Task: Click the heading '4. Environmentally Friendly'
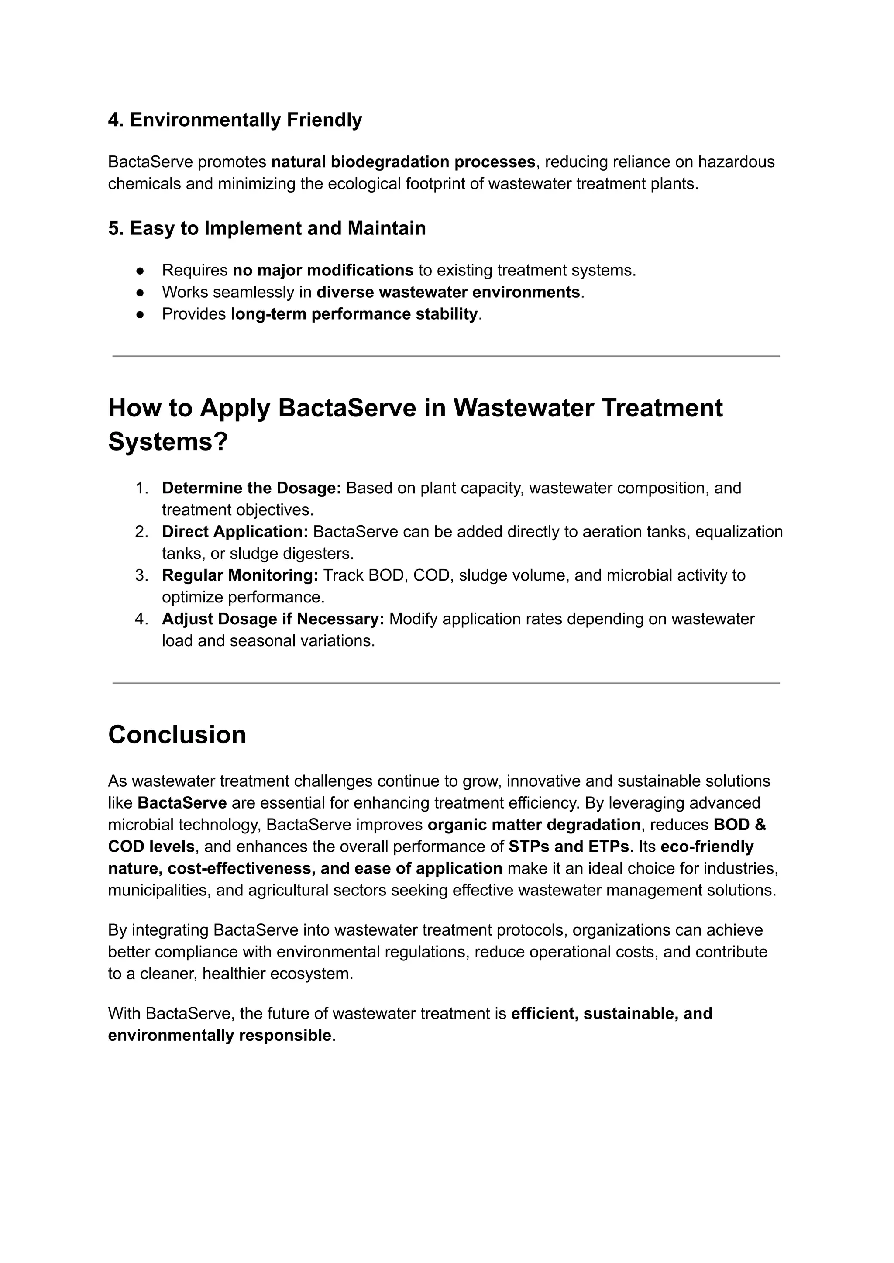pyautogui.click(x=234, y=120)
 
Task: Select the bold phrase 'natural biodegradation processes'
pyautogui.click(x=403, y=162)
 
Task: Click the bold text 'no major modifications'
pyautogui.click(x=323, y=270)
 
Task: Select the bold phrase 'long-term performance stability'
pyautogui.click(x=354, y=314)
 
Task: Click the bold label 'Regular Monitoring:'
pyautogui.click(x=240, y=575)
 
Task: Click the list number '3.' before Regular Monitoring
pyautogui.click(x=141, y=575)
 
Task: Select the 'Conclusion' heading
pyautogui.click(x=177, y=735)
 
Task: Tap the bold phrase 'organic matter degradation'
pyautogui.click(x=533, y=825)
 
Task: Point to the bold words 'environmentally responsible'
pyautogui.click(x=219, y=1035)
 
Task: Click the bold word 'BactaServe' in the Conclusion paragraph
pyautogui.click(x=182, y=803)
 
